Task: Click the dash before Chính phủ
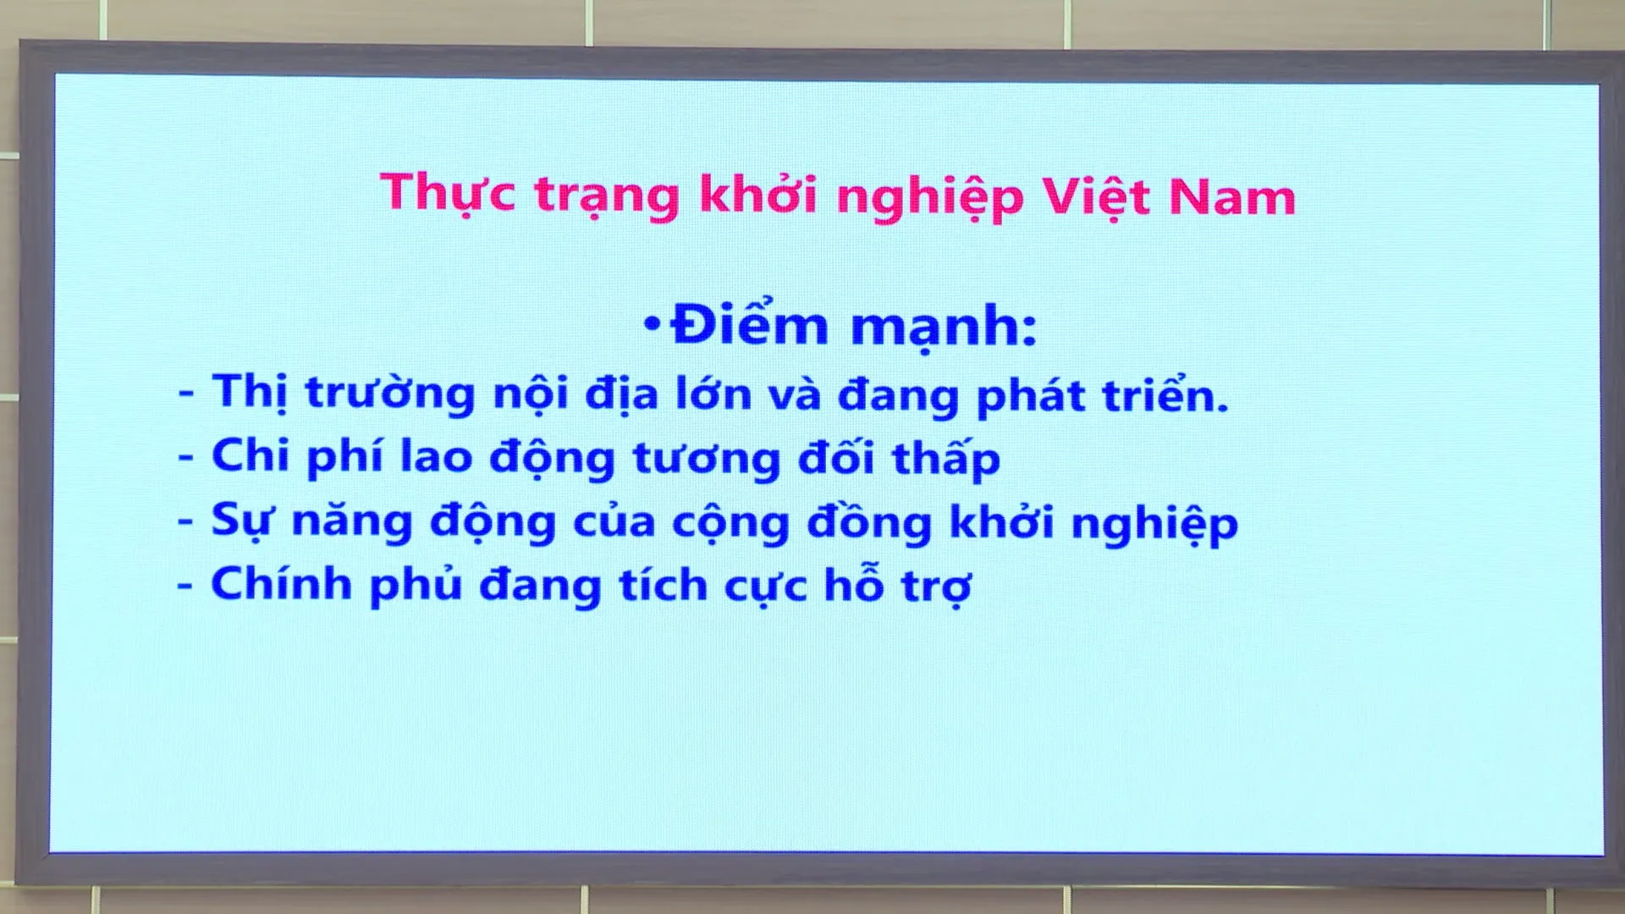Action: coord(185,586)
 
